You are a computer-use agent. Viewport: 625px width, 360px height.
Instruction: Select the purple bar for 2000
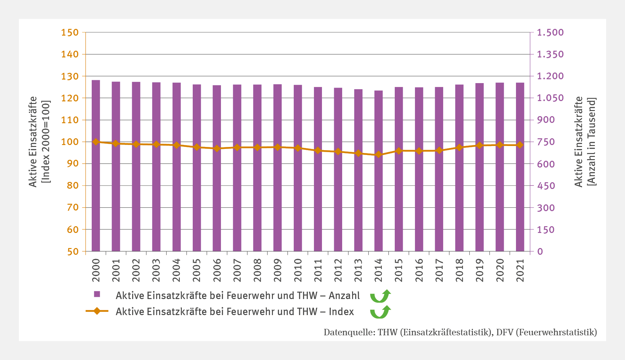(96, 165)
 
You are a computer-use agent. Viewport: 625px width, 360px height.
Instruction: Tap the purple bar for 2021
(520, 167)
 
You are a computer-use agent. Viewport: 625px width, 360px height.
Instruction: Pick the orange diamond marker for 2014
(378, 155)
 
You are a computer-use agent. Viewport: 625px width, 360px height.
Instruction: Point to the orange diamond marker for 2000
(96, 142)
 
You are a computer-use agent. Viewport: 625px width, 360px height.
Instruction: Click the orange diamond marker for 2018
(459, 148)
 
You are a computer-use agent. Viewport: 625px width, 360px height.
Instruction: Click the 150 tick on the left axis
(70, 32)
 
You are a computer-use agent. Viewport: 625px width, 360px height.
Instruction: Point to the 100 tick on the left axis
(70, 142)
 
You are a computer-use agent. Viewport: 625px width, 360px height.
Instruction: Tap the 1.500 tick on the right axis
(550, 32)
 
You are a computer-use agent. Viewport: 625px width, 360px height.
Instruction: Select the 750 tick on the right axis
(546, 142)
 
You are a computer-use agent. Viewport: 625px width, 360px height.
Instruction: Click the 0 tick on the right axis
(540, 251)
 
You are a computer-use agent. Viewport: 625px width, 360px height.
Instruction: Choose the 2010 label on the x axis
(298, 270)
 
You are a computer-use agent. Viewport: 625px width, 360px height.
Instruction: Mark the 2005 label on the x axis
(197, 270)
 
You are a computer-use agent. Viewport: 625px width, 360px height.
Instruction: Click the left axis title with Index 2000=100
(39, 141)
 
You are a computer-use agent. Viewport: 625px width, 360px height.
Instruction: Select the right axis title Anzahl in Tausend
(585, 141)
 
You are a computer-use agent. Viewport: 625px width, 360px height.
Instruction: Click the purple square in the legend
(97, 294)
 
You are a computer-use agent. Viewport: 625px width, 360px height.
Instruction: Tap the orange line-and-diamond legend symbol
(97, 311)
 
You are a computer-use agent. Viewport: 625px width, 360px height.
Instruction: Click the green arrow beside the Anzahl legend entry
(381, 296)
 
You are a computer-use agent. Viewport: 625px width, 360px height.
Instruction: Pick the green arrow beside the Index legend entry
(381, 312)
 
